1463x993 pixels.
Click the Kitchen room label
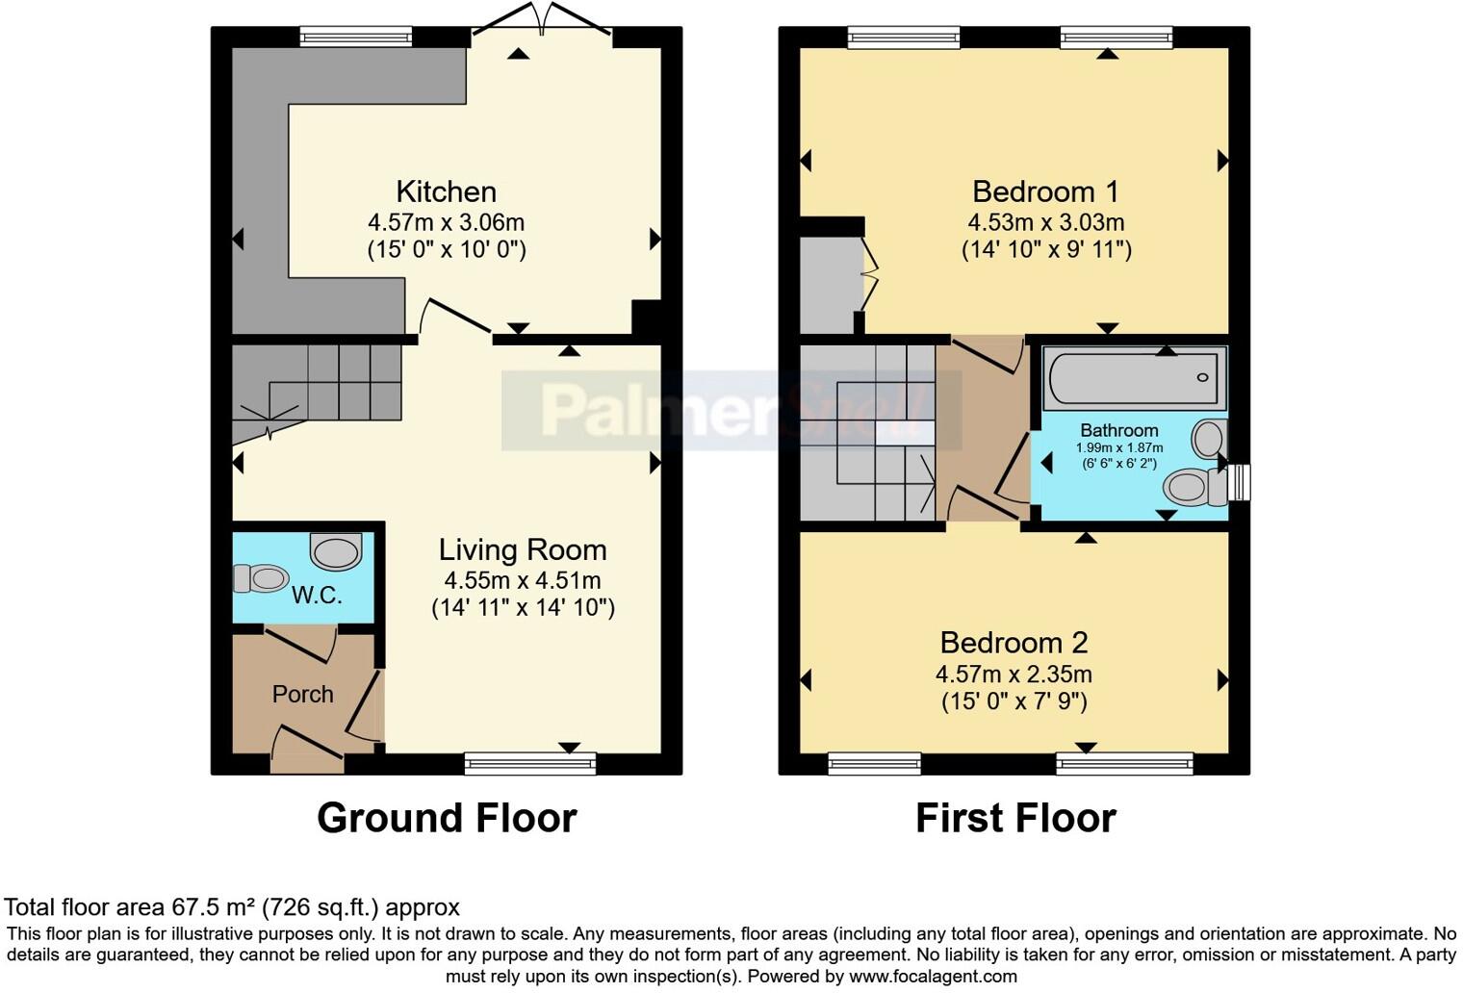point(446,191)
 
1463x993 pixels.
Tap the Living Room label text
point(523,549)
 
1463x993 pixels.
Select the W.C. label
point(317,595)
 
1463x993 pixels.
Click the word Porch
point(302,694)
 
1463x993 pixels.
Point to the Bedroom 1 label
point(1046,191)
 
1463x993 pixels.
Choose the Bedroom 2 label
point(1014,642)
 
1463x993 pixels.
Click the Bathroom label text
point(1118,430)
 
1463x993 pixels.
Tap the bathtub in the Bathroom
point(1134,377)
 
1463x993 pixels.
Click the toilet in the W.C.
point(261,578)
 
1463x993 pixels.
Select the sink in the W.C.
point(335,552)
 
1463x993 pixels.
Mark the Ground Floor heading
point(447,818)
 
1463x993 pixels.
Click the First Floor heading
point(1015,818)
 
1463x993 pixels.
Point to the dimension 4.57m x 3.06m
point(446,222)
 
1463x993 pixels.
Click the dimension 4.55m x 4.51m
point(523,580)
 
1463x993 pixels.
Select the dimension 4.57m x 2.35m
point(1014,674)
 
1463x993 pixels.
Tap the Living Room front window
point(529,764)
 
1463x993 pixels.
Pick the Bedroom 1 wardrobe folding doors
point(870,274)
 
